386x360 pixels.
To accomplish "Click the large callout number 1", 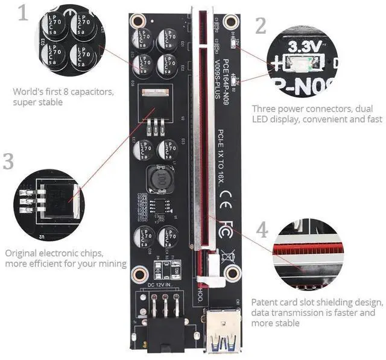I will pos(23,13).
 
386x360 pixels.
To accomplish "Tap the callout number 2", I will pos(261,26).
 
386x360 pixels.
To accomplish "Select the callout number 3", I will pos(9,162).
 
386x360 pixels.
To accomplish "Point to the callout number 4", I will pos(261,229).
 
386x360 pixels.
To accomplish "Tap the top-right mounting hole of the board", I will pos(230,23).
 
